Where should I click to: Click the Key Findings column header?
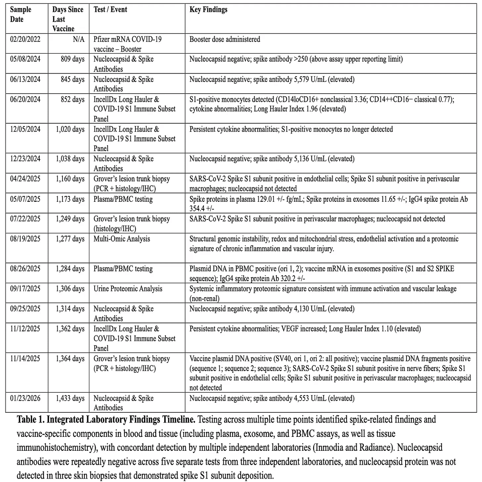coord(209,10)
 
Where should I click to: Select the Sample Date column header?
coord(21,14)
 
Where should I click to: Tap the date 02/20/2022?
coord(25,39)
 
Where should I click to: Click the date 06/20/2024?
coord(25,99)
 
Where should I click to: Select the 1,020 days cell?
coord(70,129)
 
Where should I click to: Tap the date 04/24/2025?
coord(25,179)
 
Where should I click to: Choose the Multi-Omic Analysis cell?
coord(122,239)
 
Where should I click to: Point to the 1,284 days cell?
coord(70,269)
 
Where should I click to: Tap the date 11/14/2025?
coord(25,359)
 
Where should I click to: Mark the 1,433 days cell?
coord(70,398)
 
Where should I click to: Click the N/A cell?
coord(78,39)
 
